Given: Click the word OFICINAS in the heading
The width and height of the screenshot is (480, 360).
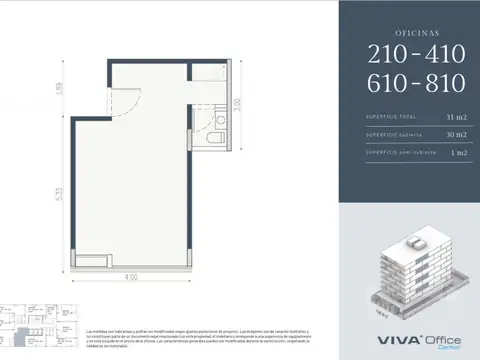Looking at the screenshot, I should click(409, 31).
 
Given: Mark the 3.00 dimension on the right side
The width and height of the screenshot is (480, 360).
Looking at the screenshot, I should click(237, 103).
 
